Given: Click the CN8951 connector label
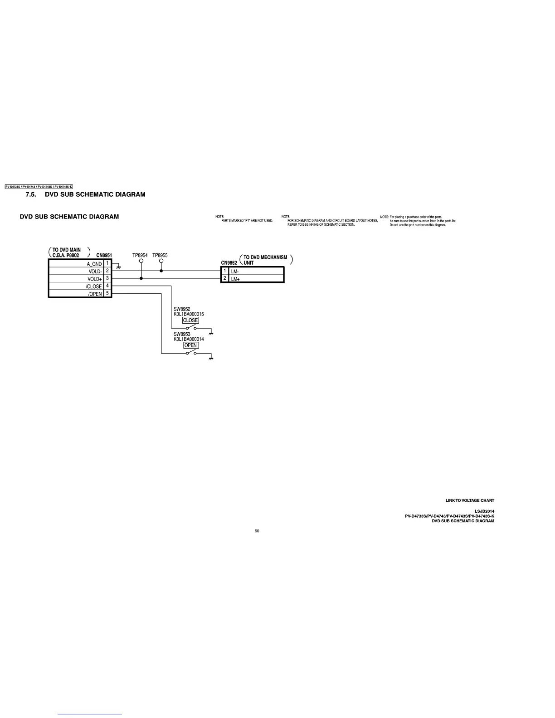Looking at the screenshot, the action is [x=104, y=255].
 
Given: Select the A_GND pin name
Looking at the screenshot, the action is [x=94, y=264].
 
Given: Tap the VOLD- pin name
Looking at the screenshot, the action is [x=95, y=272].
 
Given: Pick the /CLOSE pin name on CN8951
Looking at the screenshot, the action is [x=94, y=286].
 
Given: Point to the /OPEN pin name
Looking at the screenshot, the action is [x=95, y=294].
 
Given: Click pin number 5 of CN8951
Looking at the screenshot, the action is [x=107, y=293].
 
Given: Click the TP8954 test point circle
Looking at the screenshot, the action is [x=141, y=261].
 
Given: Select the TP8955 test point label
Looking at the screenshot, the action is [x=160, y=255].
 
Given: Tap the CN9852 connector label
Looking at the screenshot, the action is [x=229, y=263].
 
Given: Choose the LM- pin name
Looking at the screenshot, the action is [x=235, y=272].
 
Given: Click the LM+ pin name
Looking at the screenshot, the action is [x=235, y=279].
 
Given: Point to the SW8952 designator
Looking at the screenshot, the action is [x=182, y=309].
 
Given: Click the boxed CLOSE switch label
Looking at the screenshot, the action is [x=190, y=320].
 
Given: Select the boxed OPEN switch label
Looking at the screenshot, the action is [x=191, y=345].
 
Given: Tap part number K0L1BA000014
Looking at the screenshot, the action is [x=189, y=339].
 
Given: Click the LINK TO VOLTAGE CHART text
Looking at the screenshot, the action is [x=470, y=500].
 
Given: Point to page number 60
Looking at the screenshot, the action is [x=257, y=531].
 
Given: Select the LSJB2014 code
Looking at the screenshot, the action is [x=484, y=511].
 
